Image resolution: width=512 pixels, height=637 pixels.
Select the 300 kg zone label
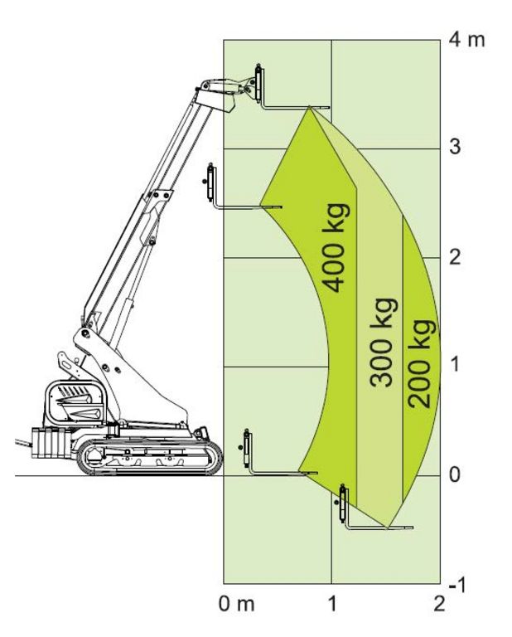(x=383, y=343)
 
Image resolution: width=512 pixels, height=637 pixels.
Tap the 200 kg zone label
(x=421, y=363)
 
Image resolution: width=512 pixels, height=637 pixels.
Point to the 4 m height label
(x=467, y=40)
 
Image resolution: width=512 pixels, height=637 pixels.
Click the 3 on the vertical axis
(x=455, y=147)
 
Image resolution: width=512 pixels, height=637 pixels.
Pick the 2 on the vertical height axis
(x=455, y=257)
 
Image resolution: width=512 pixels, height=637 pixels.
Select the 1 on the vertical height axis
(x=455, y=363)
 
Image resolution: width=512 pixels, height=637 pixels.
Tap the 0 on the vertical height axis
(x=455, y=474)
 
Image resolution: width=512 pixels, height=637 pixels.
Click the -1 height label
(x=457, y=585)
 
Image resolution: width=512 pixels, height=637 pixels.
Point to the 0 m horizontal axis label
(x=237, y=604)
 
